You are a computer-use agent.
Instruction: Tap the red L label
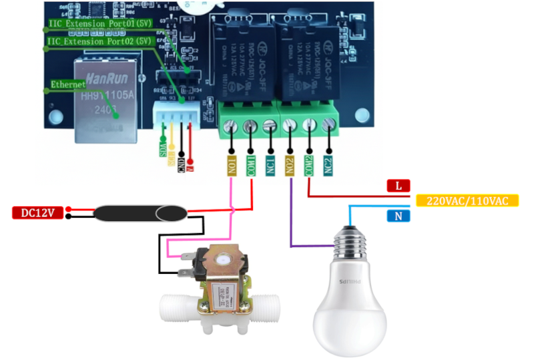(398, 186)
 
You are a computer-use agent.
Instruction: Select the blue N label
(398, 216)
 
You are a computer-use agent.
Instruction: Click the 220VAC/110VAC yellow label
(467, 200)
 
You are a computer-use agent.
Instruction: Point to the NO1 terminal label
(232, 165)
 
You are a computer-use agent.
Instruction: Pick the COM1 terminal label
(251, 165)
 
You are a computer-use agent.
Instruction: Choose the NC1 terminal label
(270, 165)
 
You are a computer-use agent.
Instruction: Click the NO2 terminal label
(290, 165)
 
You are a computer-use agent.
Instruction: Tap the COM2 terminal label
(309, 165)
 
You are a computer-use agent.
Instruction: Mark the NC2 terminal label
(328, 165)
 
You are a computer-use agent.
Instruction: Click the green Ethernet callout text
(68, 85)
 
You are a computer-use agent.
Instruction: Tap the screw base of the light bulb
(352, 241)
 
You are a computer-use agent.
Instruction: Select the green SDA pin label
(163, 148)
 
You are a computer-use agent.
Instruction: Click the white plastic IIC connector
(175, 113)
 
